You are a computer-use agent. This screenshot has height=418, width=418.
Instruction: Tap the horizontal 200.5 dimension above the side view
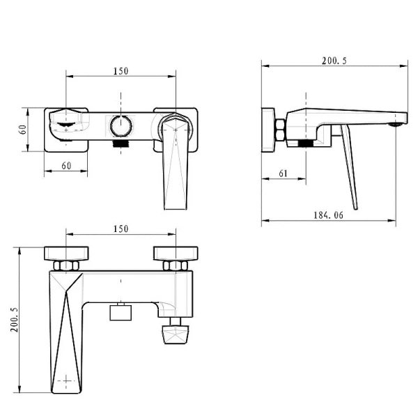(334, 61)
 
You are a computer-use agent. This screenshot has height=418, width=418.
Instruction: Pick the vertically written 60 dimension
(22, 129)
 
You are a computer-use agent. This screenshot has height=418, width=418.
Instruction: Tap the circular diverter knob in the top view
(121, 126)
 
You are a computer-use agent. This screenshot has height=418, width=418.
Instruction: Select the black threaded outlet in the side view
(304, 143)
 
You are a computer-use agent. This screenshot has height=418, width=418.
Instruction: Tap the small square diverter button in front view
(121, 311)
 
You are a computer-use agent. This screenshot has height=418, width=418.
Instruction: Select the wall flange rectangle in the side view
(268, 129)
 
